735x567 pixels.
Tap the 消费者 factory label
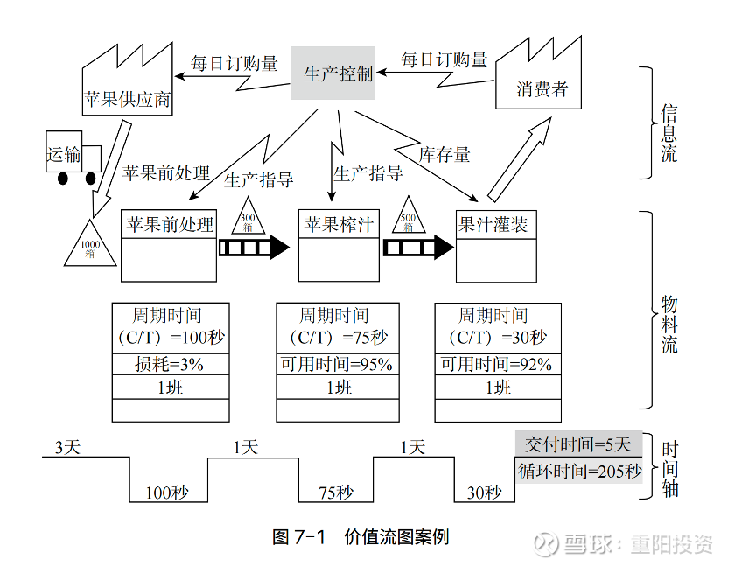tap(542, 88)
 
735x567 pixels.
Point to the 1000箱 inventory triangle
tap(90, 245)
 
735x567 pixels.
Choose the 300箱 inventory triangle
tap(247, 220)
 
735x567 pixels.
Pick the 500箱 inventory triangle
tap(409, 219)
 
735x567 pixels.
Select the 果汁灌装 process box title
tap(495, 224)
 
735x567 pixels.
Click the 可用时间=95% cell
tap(337, 364)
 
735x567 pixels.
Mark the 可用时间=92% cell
tap(496, 364)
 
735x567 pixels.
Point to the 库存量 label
tap(444, 155)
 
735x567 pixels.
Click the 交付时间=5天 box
tap(577, 444)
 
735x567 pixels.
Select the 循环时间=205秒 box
tap(577, 471)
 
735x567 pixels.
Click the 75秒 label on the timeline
tap(335, 493)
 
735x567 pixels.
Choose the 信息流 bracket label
tap(669, 132)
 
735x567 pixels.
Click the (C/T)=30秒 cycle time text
tap(496, 337)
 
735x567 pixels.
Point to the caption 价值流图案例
tap(396, 536)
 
